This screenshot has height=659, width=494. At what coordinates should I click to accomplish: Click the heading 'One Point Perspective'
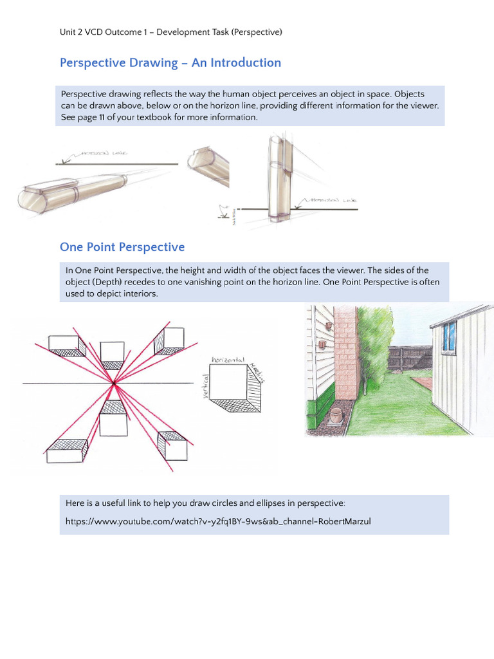tap(122, 247)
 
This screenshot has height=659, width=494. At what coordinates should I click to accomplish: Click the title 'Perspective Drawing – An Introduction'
tap(170, 62)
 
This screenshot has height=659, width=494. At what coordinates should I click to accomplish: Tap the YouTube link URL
tap(218, 521)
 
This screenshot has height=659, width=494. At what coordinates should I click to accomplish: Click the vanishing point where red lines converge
tap(114, 384)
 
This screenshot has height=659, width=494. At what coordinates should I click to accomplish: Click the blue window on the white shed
tap(448, 335)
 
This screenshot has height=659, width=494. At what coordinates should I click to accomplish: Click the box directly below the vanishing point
tap(114, 420)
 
